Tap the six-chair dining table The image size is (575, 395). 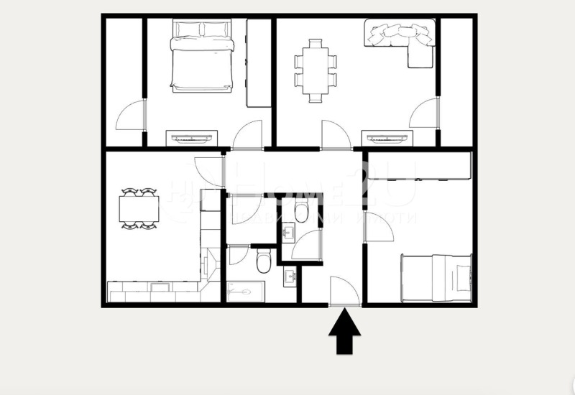click(x=314, y=70)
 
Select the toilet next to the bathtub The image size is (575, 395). click(x=263, y=261)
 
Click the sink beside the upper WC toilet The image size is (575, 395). click(x=288, y=233)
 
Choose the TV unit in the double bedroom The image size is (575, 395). click(x=192, y=137)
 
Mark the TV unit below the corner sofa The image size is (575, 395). click(x=387, y=137)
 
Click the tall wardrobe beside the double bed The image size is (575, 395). click(x=258, y=63)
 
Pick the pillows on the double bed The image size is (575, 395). click(x=202, y=30)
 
